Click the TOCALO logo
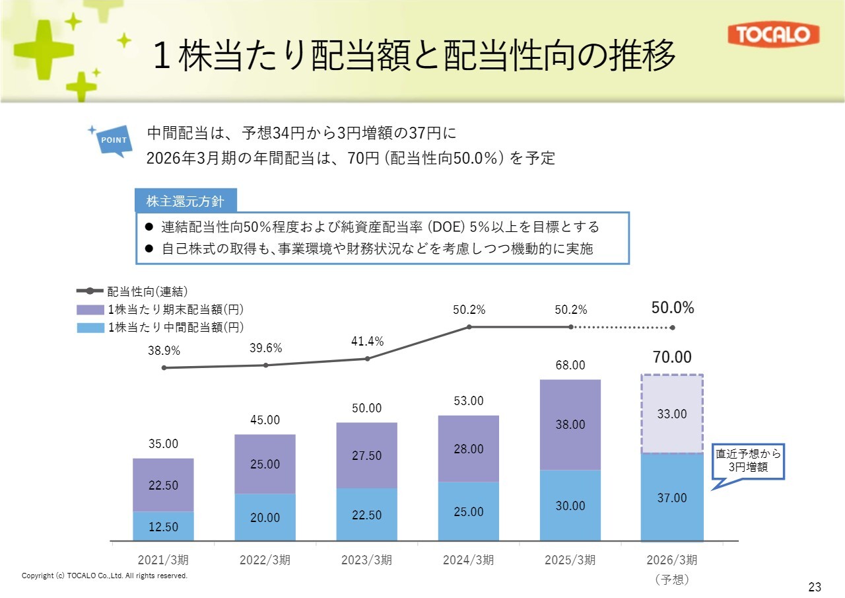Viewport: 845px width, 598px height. [773, 35]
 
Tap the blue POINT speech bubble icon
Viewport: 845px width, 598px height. [114, 140]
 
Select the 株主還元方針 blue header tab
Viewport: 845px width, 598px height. [186, 202]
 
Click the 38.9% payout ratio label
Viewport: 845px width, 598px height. [164, 352]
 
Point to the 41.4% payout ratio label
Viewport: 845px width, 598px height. [367, 341]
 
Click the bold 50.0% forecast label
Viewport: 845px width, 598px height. [673, 308]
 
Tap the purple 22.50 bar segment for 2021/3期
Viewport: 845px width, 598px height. [163, 485]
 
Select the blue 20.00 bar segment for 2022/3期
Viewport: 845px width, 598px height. [265, 517]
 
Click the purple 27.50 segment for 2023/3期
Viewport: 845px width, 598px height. [366, 455]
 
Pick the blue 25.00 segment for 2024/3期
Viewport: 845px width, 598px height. [469, 511]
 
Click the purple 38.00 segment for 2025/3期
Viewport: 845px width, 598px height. [570, 424]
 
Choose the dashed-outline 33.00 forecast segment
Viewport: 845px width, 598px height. [672, 414]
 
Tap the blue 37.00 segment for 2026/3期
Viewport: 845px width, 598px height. [672, 498]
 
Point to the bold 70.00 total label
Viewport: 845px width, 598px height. [672, 358]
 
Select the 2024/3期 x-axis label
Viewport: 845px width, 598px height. [469, 560]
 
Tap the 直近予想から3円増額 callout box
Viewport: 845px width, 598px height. [749, 461]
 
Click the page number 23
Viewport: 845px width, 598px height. [815, 587]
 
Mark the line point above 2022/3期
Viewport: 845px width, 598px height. [265, 365]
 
